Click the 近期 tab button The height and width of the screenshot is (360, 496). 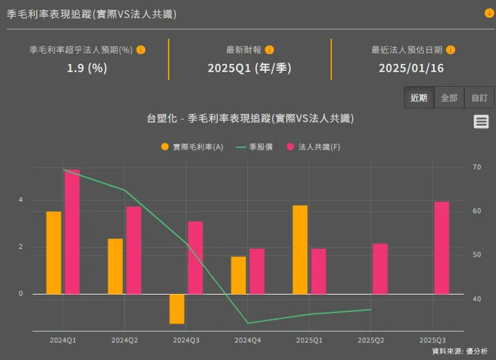[419, 98]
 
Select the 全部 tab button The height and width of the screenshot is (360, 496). [449, 98]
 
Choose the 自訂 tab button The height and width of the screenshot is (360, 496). [479, 98]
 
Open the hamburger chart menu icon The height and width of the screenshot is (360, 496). [481, 122]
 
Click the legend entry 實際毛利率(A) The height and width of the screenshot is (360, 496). [192, 147]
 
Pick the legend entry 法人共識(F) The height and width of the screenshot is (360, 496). [313, 147]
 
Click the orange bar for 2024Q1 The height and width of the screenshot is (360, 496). [53, 252]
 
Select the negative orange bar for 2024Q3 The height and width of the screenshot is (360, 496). [176, 309]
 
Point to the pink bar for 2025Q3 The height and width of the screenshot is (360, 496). [441, 247]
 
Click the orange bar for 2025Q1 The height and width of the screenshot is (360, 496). [299, 249]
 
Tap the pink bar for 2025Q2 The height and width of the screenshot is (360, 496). [380, 268]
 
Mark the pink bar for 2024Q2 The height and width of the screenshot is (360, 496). [133, 250]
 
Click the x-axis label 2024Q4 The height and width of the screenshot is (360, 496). [248, 341]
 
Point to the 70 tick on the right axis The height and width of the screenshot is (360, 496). [477, 167]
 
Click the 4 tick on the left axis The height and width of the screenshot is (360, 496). [20, 200]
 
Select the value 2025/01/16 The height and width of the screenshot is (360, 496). [411, 68]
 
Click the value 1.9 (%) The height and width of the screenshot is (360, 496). [87, 68]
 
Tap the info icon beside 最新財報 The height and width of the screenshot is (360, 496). [270, 50]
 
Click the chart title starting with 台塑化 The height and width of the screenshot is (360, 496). [250, 118]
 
